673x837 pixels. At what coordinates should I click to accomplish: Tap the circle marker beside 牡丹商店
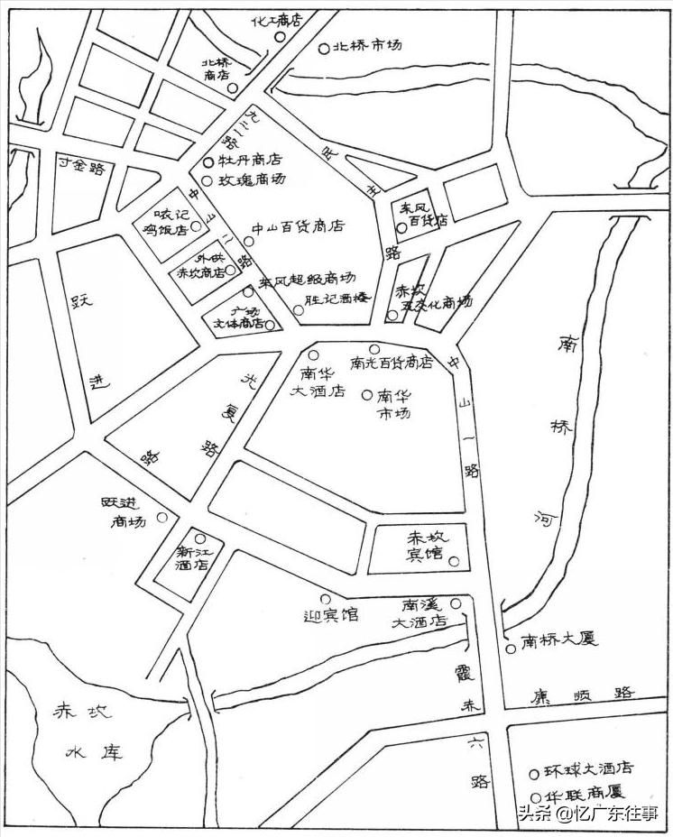(x=208, y=162)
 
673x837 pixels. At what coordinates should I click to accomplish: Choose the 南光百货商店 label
(x=392, y=363)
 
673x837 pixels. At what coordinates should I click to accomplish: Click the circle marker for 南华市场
(x=366, y=394)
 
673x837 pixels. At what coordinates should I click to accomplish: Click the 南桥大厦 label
(x=560, y=640)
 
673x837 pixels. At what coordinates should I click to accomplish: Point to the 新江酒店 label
(x=192, y=558)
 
